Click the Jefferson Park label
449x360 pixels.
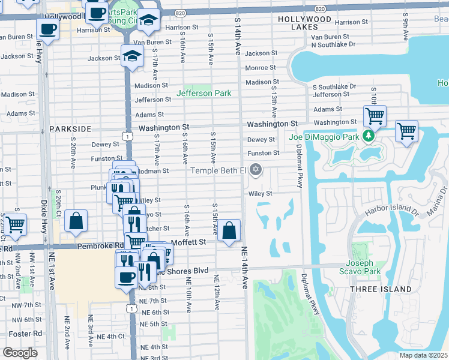pyautogui.click(x=203, y=93)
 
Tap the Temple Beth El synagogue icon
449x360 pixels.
pyautogui.click(x=256, y=170)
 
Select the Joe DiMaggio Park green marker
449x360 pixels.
pyautogui.click(x=370, y=137)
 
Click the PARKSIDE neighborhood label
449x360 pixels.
pyautogui.click(x=70, y=129)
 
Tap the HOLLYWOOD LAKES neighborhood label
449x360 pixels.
pyautogui.click(x=304, y=23)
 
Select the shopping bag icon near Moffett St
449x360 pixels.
pyautogui.click(x=229, y=230)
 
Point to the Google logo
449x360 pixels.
pyautogui.click(x=20, y=353)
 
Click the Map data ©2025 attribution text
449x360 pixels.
pyautogui.click(x=424, y=355)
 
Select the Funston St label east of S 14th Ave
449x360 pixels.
pyautogui.click(x=264, y=153)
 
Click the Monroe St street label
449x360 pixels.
pyautogui.click(x=260, y=68)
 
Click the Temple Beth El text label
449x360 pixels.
pyautogui.click(x=218, y=171)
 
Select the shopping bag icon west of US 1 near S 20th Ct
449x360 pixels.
pyautogui.click(x=77, y=220)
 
